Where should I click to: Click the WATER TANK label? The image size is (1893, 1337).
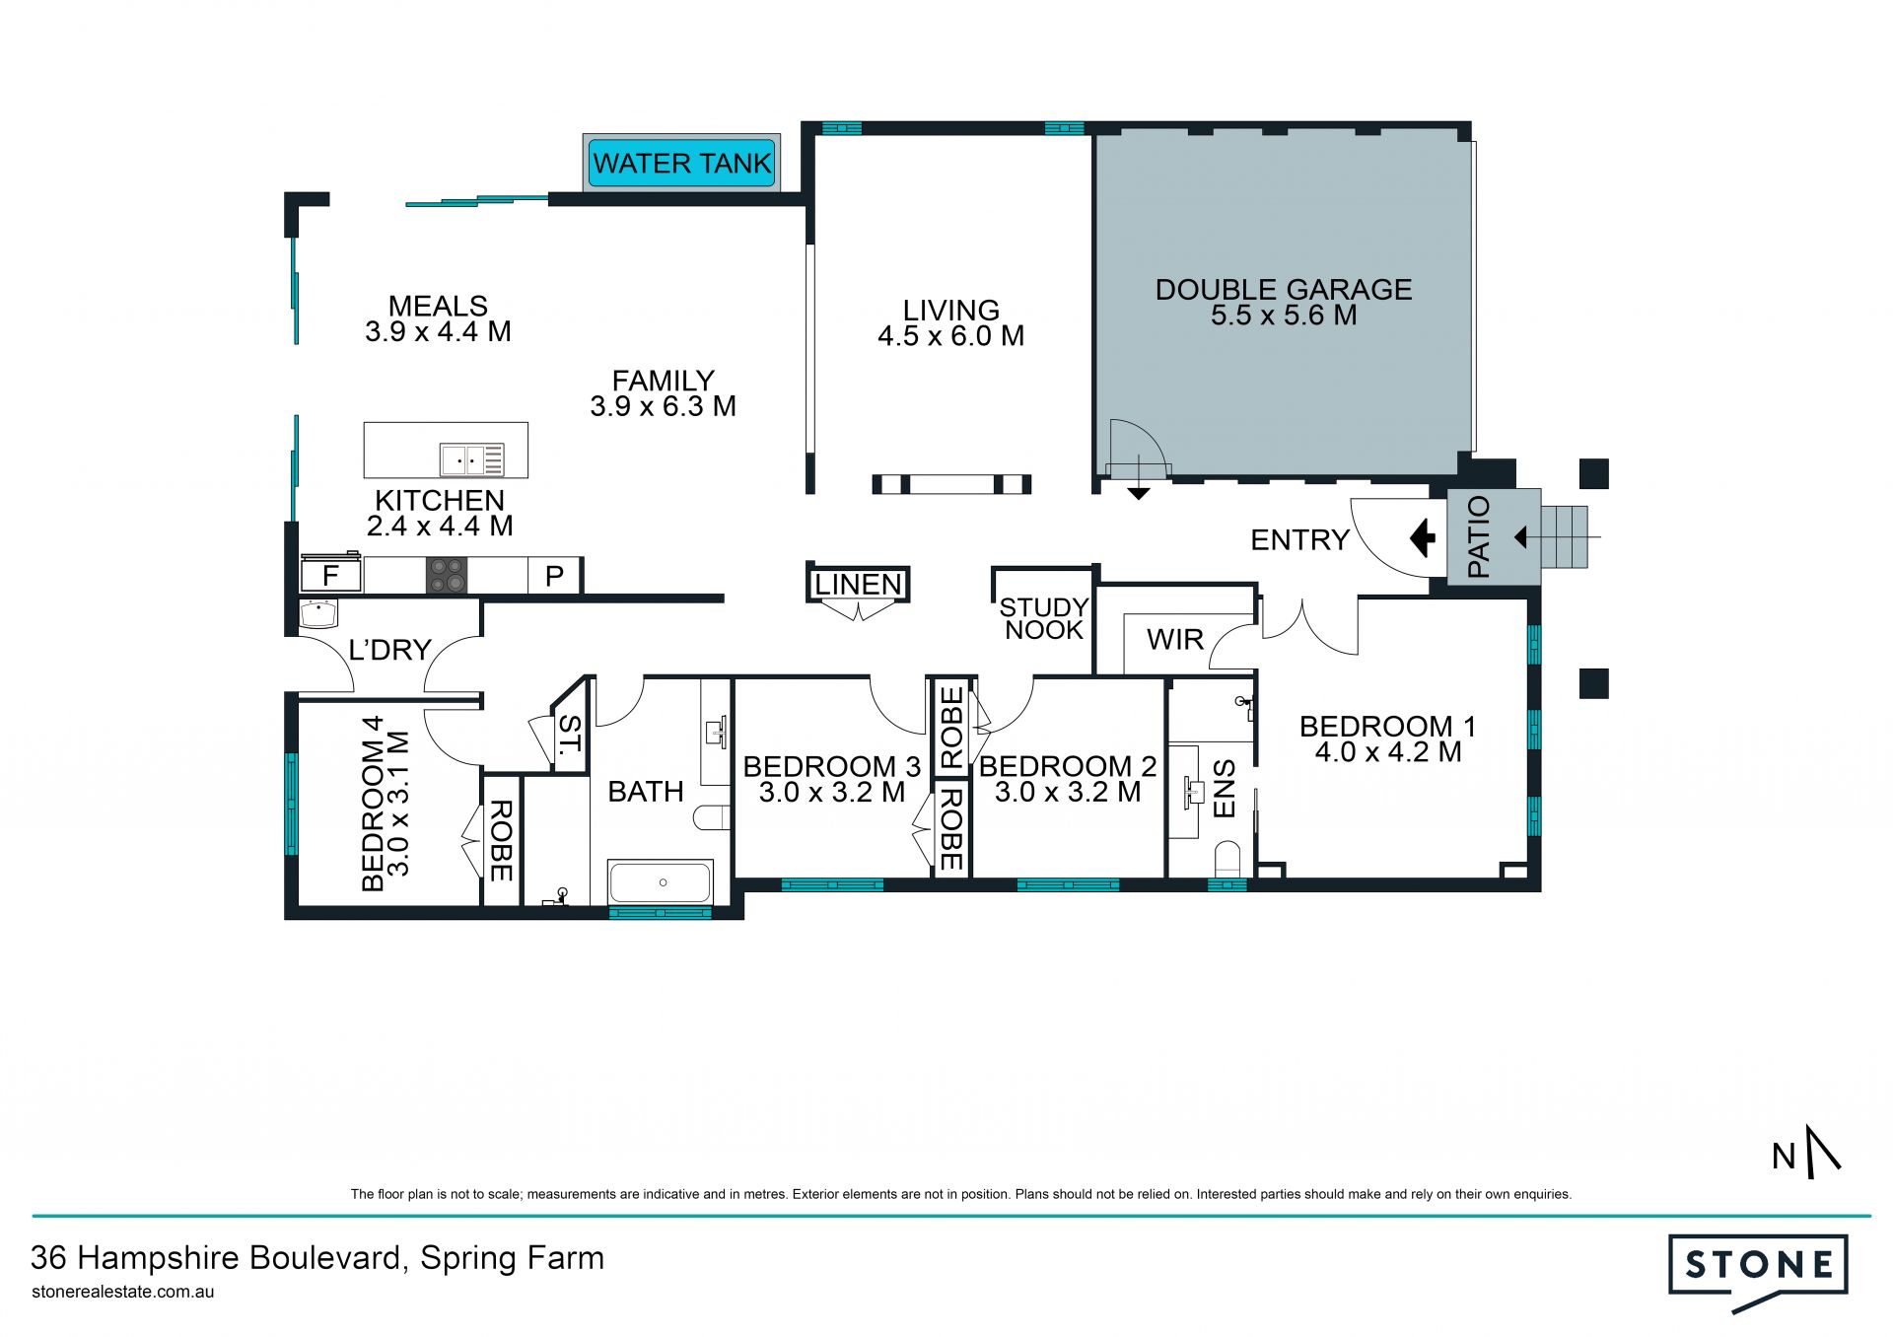[682, 164]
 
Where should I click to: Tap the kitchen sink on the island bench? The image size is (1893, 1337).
[472, 460]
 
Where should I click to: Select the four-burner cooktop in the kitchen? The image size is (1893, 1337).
[447, 575]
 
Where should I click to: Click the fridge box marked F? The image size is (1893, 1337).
[330, 576]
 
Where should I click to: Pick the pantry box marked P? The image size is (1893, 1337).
[554, 576]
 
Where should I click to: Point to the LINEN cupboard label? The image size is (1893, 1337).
[859, 585]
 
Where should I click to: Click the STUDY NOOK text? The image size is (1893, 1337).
[1043, 618]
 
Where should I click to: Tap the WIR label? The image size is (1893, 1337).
[1175, 640]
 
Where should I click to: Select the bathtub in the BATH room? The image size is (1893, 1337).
[660, 882]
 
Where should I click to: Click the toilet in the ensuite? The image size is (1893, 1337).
[1227, 859]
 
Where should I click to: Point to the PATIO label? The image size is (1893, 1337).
[1479, 536]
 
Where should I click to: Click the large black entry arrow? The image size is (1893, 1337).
[1423, 538]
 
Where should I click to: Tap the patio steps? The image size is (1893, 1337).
[1565, 537]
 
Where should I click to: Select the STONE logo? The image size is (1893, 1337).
[1758, 1271]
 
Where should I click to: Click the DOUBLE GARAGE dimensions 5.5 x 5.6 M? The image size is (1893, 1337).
[1284, 316]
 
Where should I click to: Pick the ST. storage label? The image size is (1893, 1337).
[570, 734]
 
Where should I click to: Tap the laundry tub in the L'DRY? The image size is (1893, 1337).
[318, 614]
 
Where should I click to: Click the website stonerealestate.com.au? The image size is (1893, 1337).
[123, 1292]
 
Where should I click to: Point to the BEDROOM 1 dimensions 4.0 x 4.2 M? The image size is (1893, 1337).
[1388, 752]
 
